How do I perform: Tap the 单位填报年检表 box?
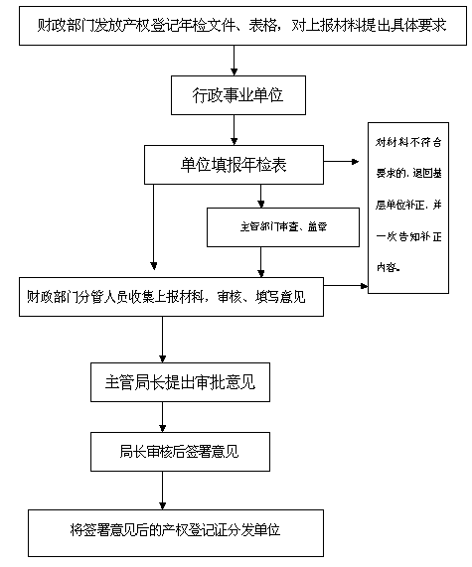tap(233, 164)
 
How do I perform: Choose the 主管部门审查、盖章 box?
tap(269, 226)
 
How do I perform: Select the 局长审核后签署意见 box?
tap(180, 453)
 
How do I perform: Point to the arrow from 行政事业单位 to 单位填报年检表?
tap(233, 130)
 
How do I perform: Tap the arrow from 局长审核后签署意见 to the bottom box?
tap(163, 491)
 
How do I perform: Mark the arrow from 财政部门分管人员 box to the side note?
tap(346, 286)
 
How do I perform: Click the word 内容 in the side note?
tap(388, 265)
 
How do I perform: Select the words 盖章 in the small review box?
tap(315, 226)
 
